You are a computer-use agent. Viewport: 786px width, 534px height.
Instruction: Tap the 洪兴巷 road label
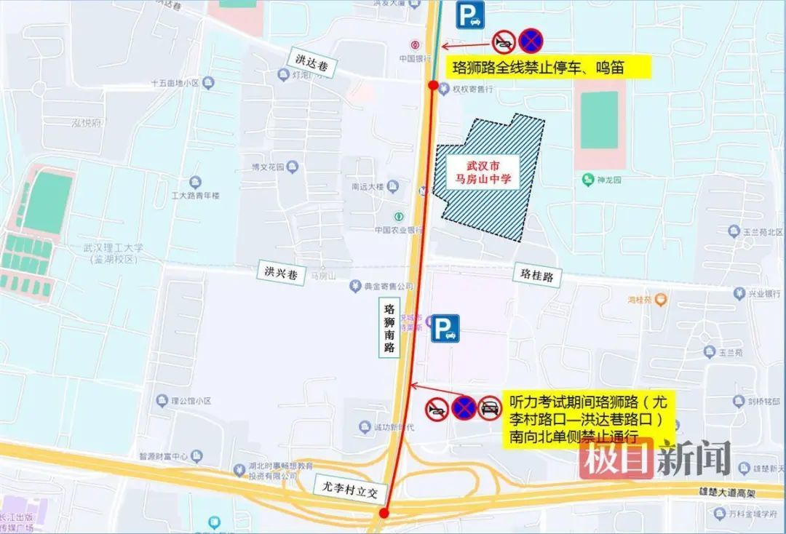pyautogui.click(x=279, y=273)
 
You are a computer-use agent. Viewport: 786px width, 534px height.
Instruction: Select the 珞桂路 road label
pyautogui.click(x=537, y=275)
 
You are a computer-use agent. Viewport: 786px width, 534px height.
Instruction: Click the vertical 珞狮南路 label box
pyautogui.click(x=390, y=327)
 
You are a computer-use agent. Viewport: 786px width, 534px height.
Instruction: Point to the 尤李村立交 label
pyautogui.click(x=348, y=485)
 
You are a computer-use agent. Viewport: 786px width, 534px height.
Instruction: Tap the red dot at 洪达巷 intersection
pyautogui.click(x=434, y=86)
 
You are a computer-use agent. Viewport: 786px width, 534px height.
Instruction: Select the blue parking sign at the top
pyautogui.click(x=470, y=15)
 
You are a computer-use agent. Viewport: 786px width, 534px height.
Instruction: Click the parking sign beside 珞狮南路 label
pyautogui.click(x=445, y=328)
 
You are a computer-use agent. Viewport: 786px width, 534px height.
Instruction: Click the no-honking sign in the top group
pyautogui.click(x=504, y=41)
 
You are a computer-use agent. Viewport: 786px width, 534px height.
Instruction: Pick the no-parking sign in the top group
pyautogui.click(x=531, y=41)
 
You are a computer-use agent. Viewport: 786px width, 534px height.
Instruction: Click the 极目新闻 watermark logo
pyautogui.click(x=655, y=459)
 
